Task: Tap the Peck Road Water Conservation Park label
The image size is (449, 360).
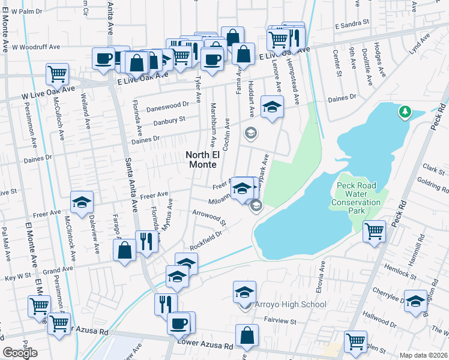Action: pos(356,198)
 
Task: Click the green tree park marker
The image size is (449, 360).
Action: pos(405,112)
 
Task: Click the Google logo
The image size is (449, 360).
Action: pos(20,353)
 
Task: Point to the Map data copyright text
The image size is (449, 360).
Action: pos(424,355)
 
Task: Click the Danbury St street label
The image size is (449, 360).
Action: pos(167,121)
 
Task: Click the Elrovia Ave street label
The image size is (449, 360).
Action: pos(323,276)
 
